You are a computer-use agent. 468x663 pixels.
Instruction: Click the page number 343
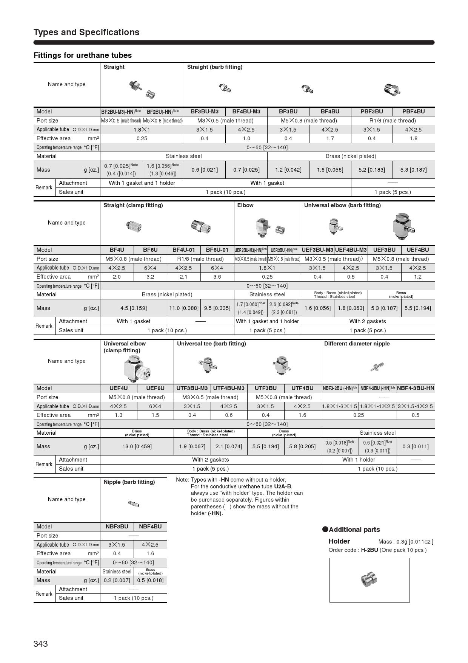pyautogui.click(x=41, y=643)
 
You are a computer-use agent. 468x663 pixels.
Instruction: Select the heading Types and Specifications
pyautogui.click(x=86, y=32)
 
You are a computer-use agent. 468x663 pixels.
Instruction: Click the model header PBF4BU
pyautogui.click(x=413, y=112)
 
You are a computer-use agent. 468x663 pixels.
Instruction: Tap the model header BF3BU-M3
pyautogui.click(x=204, y=112)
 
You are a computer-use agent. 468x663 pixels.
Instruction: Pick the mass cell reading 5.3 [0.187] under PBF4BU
pyautogui.click(x=413, y=170)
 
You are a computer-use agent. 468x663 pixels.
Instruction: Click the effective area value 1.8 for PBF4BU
pyautogui.click(x=413, y=138)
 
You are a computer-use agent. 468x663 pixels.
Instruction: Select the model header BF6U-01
pyautogui.click(x=217, y=250)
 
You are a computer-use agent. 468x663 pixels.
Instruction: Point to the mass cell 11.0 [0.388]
pyautogui.click(x=183, y=308)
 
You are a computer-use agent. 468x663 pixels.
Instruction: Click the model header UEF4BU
pyautogui.click(x=417, y=250)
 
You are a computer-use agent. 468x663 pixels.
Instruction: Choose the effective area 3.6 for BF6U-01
pyautogui.click(x=217, y=277)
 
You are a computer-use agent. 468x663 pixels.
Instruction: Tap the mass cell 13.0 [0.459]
pyautogui.click(x=137, y=446)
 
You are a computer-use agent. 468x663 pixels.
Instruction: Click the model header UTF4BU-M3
pyautogui.click(x=229, y=388)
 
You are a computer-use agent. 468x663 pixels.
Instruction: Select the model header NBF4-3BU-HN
pyautogui.click(x=416, y=388)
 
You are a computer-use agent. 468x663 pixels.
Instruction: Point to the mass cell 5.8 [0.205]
pyautogui.click(x=302, y=446)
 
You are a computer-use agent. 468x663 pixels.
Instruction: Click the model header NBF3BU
pyautogui.click(x=117, y=527)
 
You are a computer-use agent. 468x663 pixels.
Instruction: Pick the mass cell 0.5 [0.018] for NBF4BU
pyautogui.click(x=150, y=580)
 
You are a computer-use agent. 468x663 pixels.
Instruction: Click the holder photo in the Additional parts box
pyautogui.click(x=369, y=579)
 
